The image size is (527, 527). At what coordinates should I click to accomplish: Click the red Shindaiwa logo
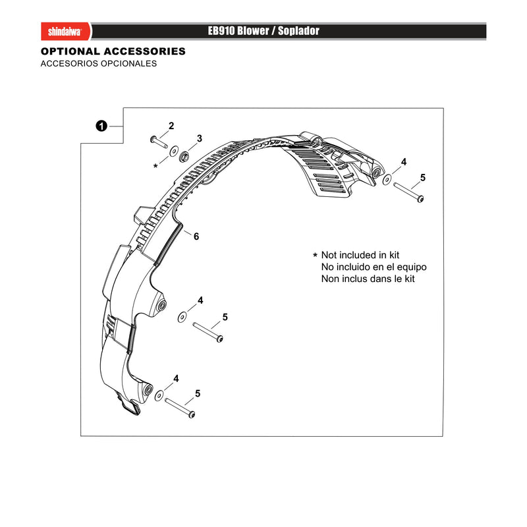coord(65,31)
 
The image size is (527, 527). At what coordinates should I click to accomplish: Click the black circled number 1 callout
coord(101,126)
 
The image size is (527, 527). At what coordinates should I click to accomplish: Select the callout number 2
coord(171,126)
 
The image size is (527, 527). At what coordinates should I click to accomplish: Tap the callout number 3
coord(200,138)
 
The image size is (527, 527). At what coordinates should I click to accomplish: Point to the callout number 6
coord(196,236)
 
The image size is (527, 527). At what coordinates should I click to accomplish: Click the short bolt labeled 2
coord(159,142)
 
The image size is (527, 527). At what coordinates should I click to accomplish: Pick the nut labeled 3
coord(184,157)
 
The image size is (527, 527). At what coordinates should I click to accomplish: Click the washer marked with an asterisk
coord(174,152)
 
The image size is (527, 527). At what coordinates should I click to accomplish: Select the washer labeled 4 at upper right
coord(387,179)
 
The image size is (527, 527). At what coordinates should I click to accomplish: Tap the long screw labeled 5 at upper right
coord(408,192)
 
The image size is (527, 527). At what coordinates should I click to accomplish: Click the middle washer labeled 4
coord(182,317)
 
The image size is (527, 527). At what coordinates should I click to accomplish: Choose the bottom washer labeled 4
coord(159,396)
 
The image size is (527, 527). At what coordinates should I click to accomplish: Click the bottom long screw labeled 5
coord(180,408)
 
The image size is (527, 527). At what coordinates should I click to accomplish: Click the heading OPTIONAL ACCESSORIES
coord(113,51)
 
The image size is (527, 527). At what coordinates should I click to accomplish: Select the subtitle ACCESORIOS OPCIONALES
coord(98,63)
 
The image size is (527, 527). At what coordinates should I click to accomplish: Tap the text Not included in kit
coord(360,255)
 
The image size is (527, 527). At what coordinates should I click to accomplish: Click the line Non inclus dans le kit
coord(368,279)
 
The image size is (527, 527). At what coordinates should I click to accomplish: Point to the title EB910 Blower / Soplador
coord(263,31)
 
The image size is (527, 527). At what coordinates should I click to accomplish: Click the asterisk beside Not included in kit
coord(315,255)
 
